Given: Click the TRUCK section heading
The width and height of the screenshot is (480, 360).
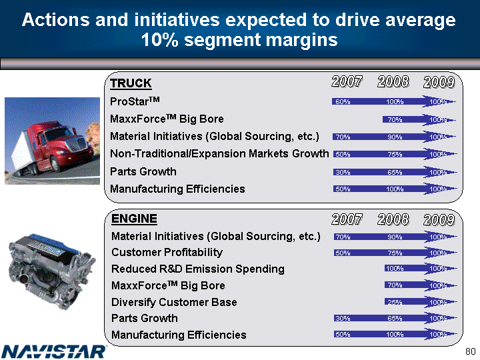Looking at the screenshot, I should (131, 83).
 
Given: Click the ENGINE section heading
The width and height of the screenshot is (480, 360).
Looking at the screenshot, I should (134, 218).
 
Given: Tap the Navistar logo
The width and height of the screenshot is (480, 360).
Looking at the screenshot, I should (54, 351).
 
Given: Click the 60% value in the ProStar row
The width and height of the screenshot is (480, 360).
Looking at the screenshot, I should (343, 102).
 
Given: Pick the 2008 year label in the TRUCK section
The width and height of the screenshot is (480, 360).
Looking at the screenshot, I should (393, 82).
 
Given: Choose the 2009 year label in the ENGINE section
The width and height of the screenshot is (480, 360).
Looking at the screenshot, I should (439, 219).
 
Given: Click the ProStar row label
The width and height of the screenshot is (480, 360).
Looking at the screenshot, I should (138, 102).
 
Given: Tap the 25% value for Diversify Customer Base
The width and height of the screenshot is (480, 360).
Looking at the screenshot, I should (394, 302).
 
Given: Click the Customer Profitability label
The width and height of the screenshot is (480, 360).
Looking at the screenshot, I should (167, 253).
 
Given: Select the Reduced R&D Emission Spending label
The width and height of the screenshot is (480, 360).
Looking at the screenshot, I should (197, 269).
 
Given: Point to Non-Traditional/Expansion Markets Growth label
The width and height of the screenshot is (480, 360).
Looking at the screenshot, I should (220, 154).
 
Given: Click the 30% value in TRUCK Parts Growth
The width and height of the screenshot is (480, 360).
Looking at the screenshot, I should (343, 171).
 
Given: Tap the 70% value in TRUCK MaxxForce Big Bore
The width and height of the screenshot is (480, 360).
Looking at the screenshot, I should (394, 119).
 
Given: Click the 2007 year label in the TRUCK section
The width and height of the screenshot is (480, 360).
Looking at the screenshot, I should (347, 82).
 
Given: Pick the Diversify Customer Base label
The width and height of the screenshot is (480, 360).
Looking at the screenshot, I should (174, 302).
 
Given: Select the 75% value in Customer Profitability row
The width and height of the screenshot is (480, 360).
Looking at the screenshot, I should (394, 253).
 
